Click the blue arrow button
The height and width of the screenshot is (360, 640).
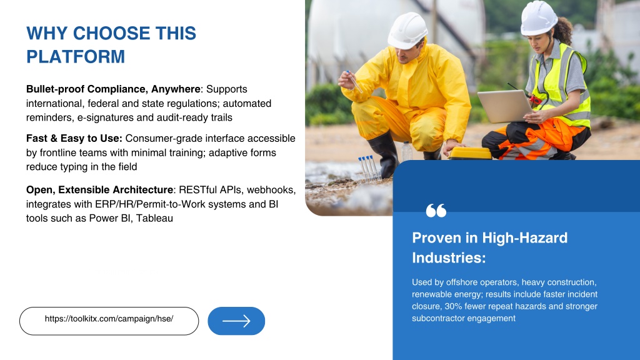coord(236,321)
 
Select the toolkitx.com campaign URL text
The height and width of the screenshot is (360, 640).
coord(109,319)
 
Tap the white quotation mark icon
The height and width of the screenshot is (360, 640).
coord(436,211)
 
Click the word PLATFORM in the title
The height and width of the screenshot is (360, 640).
coord(76,57)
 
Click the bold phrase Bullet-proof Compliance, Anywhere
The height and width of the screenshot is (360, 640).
coord(113,89)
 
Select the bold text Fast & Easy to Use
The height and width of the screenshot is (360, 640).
coord(74,138)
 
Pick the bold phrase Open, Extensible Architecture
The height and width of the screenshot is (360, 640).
coord(99,190)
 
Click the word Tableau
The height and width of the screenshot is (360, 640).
coord(155,218)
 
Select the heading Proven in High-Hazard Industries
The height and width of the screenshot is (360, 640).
coord(490,247)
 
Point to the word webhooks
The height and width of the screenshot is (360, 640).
coord(271,190)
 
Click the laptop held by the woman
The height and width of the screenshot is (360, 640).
coord(505,106)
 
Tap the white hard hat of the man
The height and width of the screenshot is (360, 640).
coord(407,31)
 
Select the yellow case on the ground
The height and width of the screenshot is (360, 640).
coord(470,153)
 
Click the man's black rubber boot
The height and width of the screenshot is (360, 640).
coord(384,153)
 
